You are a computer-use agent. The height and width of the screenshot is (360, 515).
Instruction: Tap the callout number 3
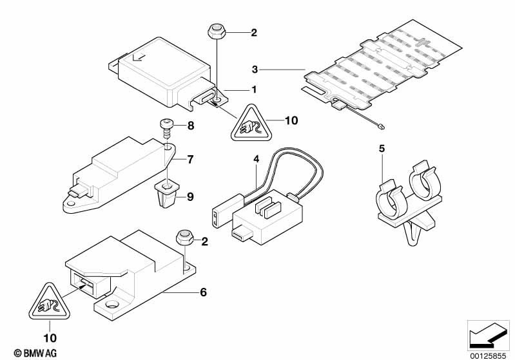click(255, 69)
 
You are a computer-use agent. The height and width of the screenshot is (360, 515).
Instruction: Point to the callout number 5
click(382, 149)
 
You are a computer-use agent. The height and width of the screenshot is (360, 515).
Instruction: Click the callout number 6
click(203, 292)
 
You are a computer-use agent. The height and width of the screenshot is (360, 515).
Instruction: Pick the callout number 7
click(190, 158)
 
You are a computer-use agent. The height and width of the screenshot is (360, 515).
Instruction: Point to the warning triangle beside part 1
click(248, 124)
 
